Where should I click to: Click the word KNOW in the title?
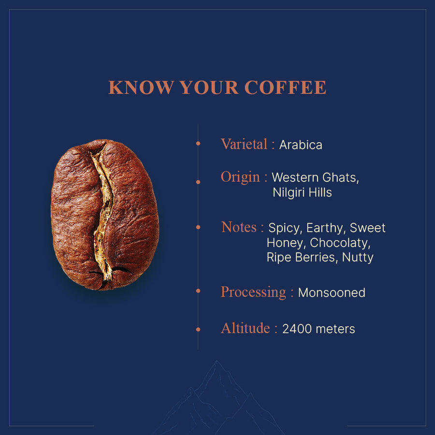(140, 87)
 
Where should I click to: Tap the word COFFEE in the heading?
(285, 87)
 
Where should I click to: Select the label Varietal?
(244, 144)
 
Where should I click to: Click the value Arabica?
(301, 145)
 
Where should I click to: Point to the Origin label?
(240, 177)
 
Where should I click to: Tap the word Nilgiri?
(288, 192)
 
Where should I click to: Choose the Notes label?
(239, 227)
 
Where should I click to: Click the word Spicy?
(285, 228)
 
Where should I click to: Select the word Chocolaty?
(340, 243)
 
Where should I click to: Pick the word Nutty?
(358, 258)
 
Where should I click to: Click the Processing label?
(253, 292)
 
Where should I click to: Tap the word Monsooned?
(332, 293)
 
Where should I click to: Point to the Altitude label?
(245, 328)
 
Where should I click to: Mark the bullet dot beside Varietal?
(198, 144)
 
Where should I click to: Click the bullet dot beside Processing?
(198, 291)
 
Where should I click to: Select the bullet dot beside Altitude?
(198, 330)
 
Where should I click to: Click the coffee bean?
(105, 215)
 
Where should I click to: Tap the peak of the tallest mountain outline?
(217, 361)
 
